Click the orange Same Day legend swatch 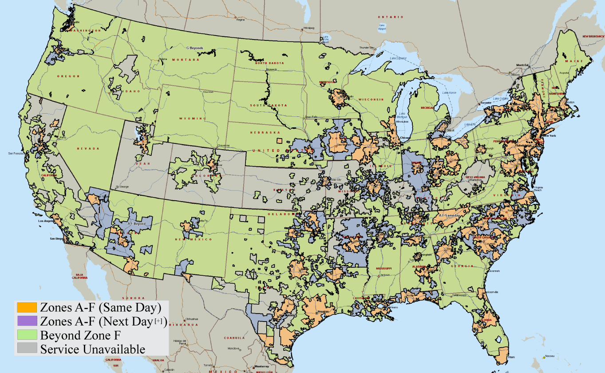[x=27, y=307]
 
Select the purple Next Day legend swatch [x=27, y=321]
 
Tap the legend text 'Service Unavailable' [x=92, y=349]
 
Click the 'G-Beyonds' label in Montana [x=194, y=48]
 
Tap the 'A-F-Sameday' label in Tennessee [x=451, y=215]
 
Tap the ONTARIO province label [x=397, y=17]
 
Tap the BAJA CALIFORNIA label [x=80, y=276]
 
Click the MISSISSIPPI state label [x=384, y=269]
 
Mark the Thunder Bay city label [x=367, y=47]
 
